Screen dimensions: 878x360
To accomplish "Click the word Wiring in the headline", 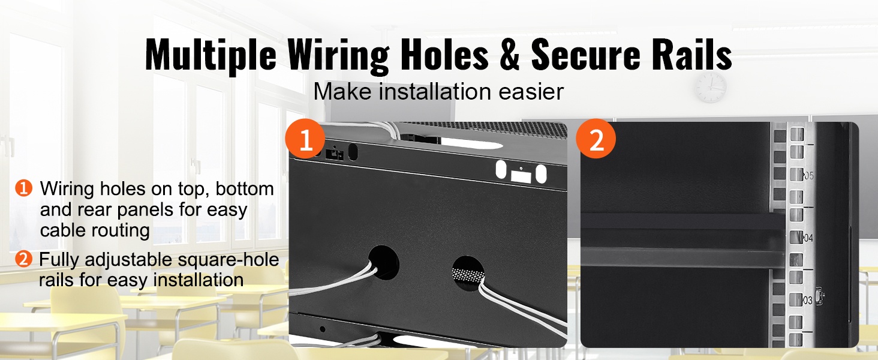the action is [x=338, y=55].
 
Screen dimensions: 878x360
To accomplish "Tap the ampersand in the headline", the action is [x=510, y=55].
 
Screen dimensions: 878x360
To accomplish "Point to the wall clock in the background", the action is [x=711, y=88].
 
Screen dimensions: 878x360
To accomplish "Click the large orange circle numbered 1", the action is [x=305, y=139].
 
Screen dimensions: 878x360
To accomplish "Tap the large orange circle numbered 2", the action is [x=596, y=139].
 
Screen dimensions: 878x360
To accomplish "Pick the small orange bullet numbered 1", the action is [x=23, y=188].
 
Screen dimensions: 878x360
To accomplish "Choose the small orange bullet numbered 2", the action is [x=23, y=259].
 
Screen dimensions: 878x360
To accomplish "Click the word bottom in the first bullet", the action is [x=245, y=188].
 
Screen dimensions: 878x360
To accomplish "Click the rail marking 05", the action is [x=808, y=176].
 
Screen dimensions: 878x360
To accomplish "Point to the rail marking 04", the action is [x=808, y=238].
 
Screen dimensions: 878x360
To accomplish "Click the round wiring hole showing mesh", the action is [x=468, y=274].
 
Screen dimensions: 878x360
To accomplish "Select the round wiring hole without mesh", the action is [x=384, y=262].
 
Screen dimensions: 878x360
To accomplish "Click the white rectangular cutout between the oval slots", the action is [x=521, y=176].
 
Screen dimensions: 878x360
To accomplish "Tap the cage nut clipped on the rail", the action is [x=819, y=297].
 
